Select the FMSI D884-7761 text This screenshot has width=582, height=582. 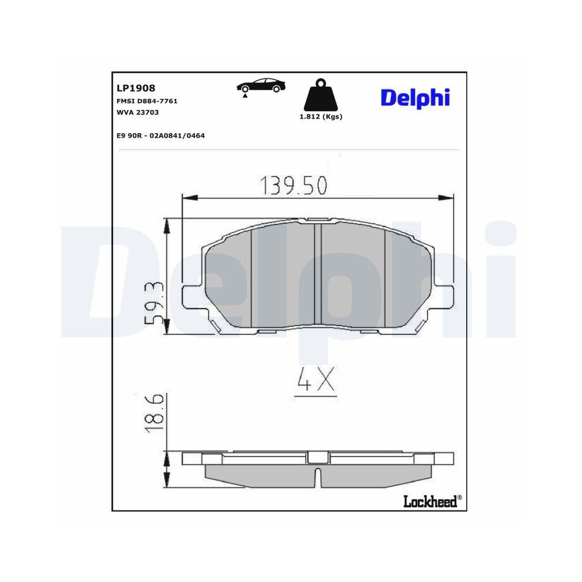point(147,101)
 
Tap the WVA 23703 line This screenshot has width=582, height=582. point(138,112)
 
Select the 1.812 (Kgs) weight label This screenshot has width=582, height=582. point(320,116)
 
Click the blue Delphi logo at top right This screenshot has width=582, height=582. point(415,97)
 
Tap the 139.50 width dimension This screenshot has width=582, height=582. point(293,185)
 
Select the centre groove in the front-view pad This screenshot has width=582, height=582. point(318,274)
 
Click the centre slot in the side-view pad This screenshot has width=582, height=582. point(318,476)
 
